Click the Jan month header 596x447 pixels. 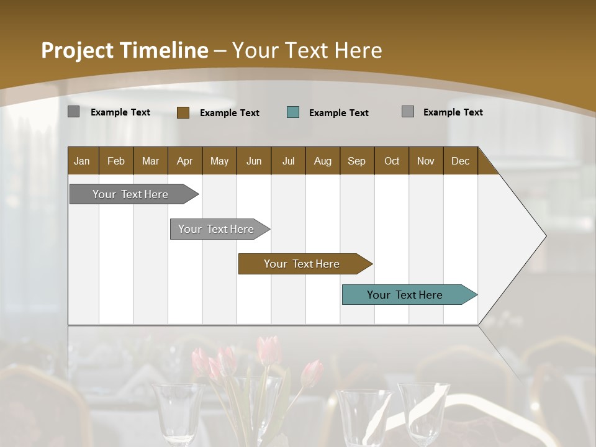82,161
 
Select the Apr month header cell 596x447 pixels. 184,161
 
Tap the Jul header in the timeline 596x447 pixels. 288,161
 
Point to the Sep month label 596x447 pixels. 356,161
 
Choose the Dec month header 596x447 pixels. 460,161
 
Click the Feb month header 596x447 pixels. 116,161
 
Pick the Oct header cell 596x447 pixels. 392,161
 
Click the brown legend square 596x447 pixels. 183,112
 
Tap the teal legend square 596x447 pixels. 293,112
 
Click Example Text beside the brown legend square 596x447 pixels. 230,113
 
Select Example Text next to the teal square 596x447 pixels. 339,113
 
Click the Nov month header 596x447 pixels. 426,161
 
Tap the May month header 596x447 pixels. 219,161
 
